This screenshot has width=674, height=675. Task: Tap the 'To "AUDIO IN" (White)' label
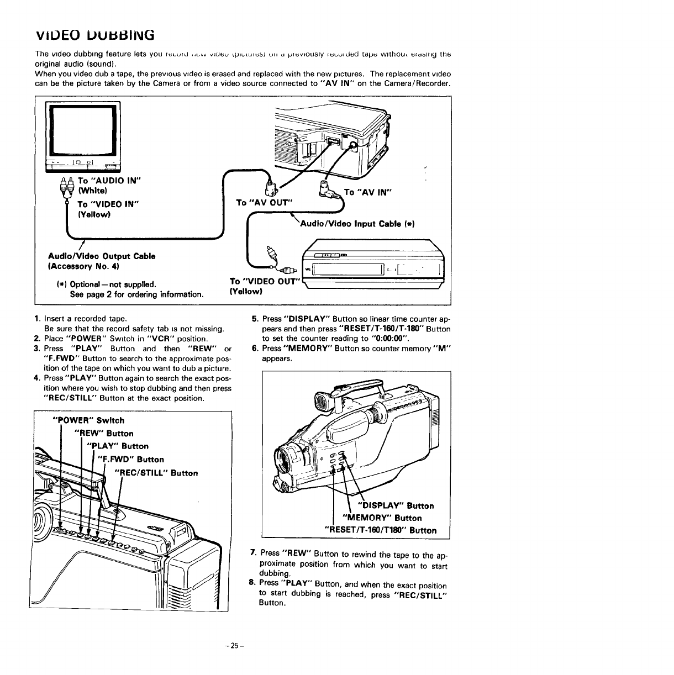tap(109, 186)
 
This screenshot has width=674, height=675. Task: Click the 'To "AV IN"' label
tap(368, 192)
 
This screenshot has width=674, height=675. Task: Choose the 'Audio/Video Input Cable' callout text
tap(356, 224)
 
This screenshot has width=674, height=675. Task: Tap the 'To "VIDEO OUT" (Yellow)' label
tap(264, 286)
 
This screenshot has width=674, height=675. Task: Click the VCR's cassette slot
tap(349, 270)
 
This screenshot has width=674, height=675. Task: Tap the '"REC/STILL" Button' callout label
tap(155, 473)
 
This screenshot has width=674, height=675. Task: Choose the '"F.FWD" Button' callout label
tap(130, 460)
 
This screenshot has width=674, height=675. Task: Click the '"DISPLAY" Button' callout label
tap(396, 505)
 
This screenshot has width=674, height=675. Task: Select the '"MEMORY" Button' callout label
tap(382, 518)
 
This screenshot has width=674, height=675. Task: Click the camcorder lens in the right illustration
tap(287, 456)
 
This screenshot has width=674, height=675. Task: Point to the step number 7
tap(252, 553)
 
